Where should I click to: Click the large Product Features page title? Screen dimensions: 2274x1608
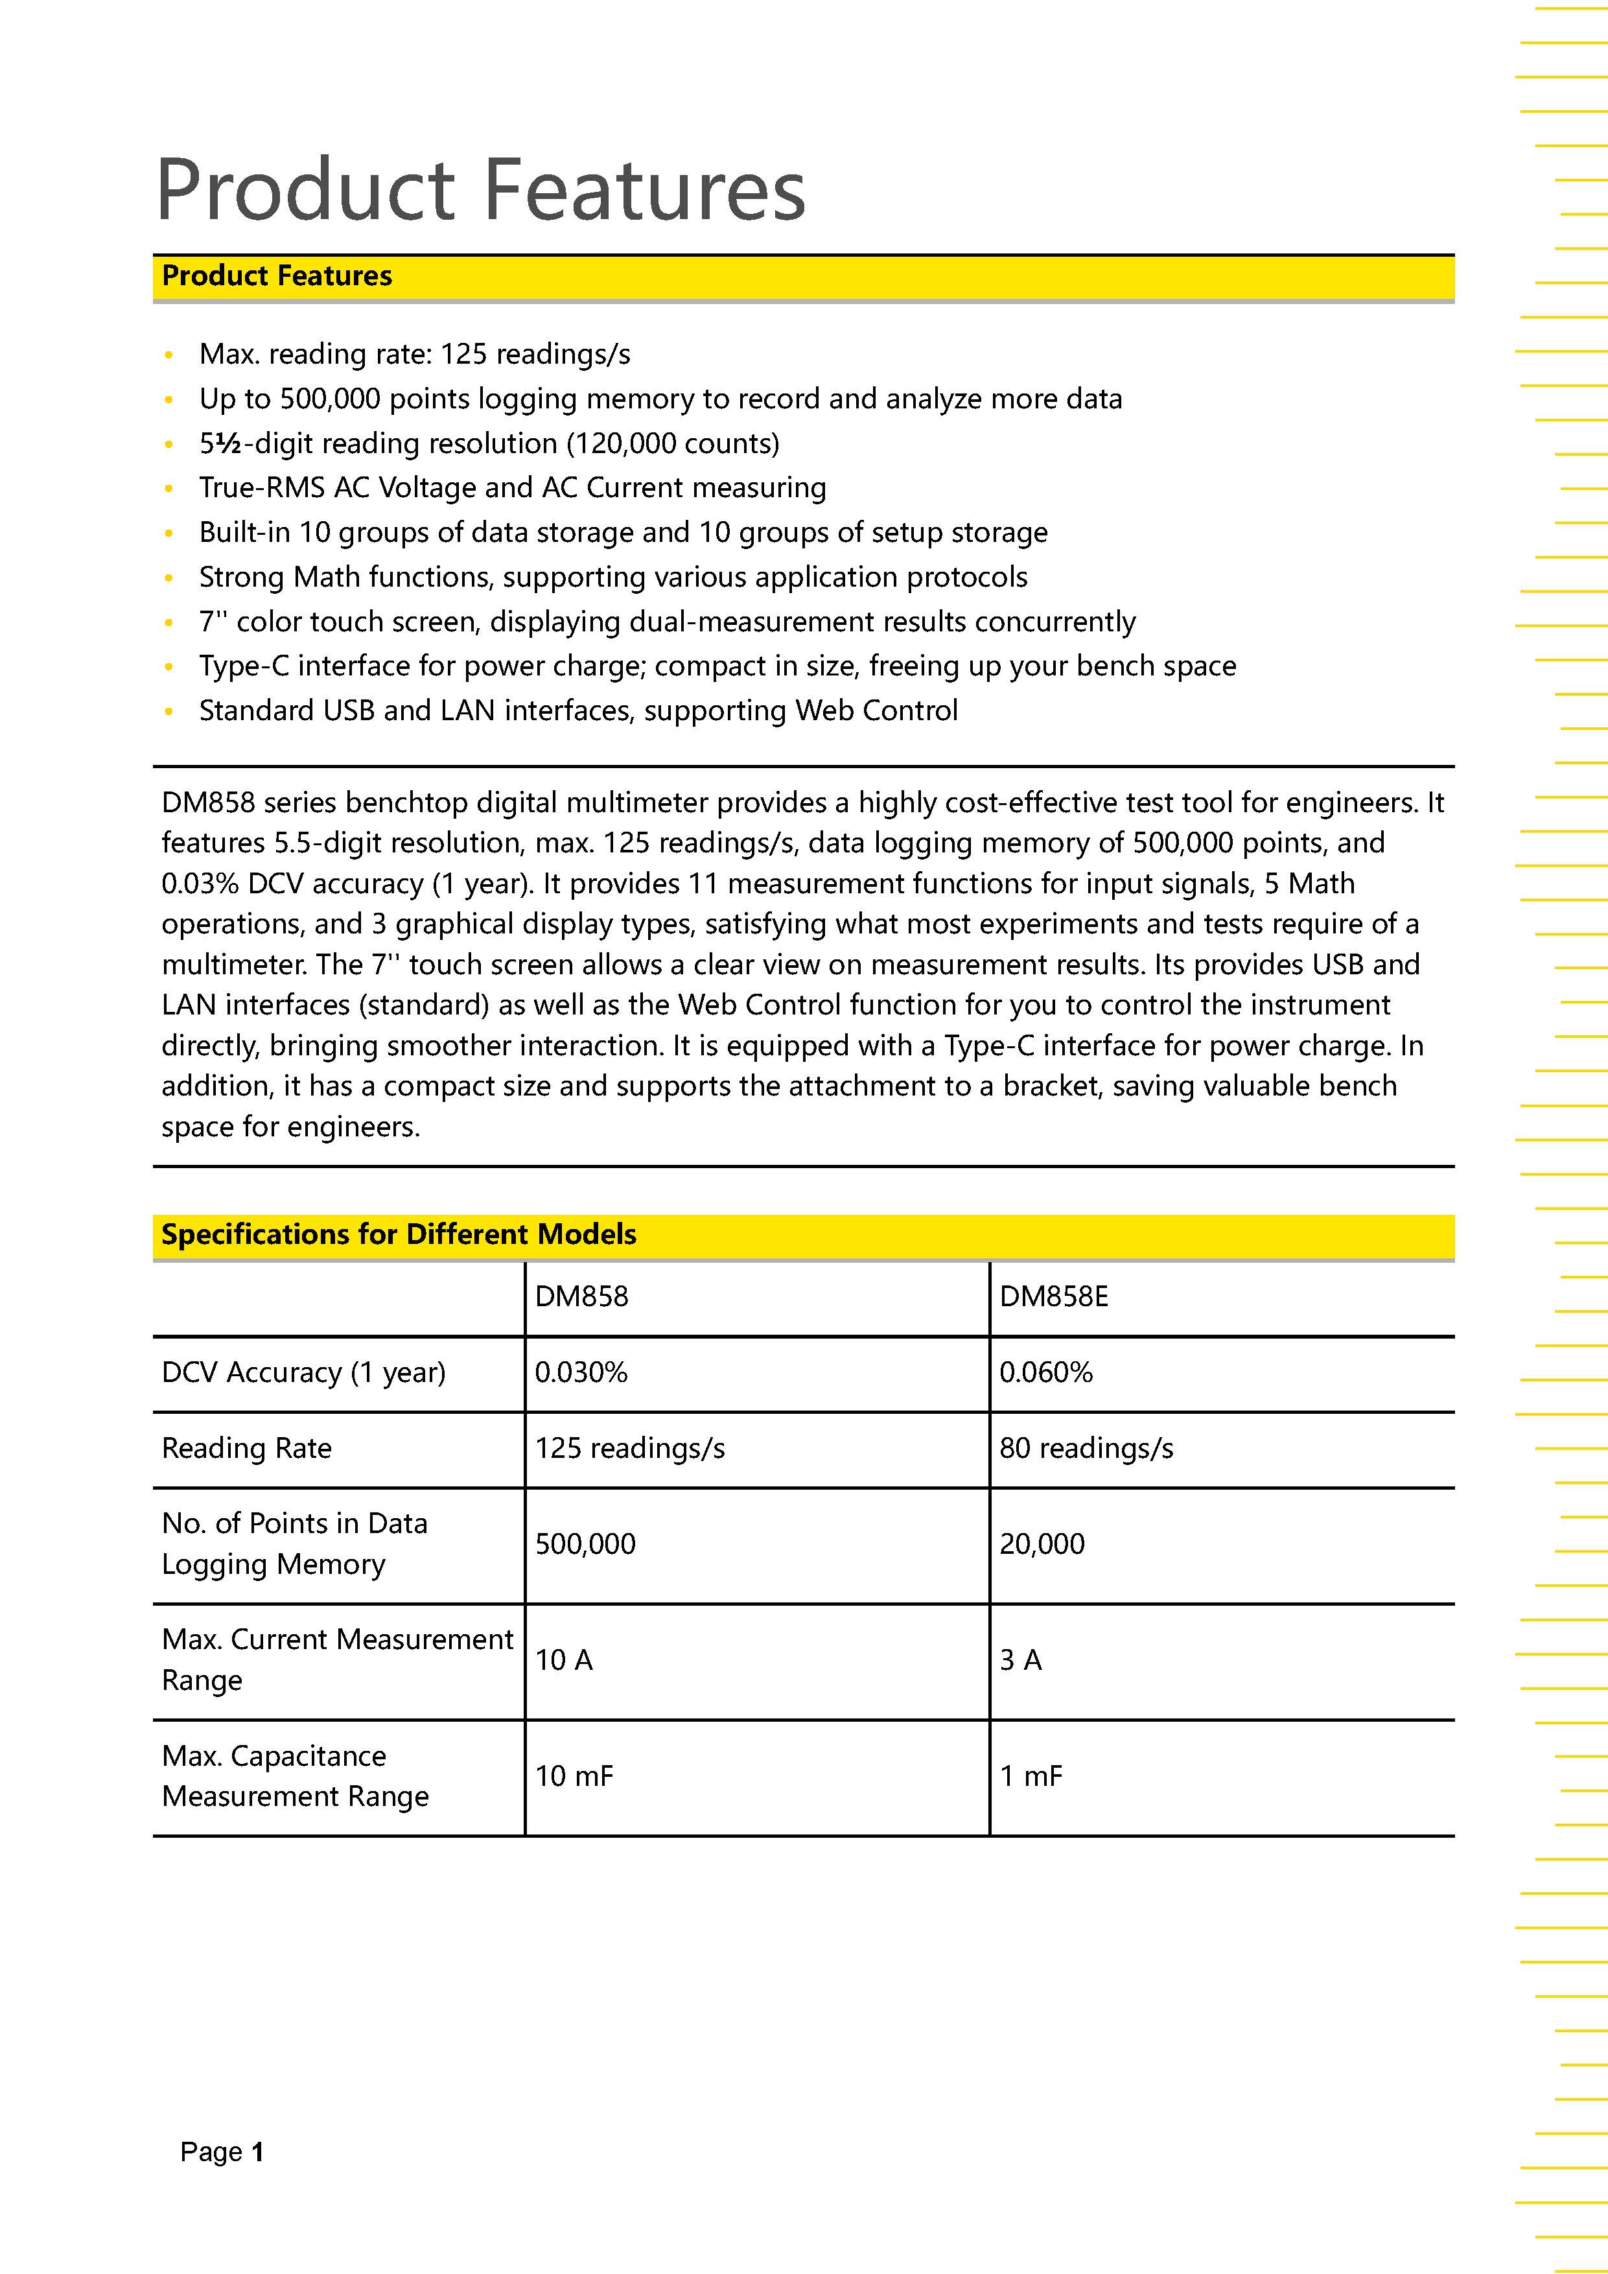[x=481, y=189]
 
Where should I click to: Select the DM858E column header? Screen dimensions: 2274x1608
[x=1053, y=1296]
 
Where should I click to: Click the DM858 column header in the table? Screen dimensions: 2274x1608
[x=581, y=1296]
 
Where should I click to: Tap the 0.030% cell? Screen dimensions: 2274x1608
[x=581, y=1373]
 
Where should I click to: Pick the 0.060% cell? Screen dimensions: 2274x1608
[x=1045, y=1373]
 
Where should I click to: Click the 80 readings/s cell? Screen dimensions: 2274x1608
[x=1086, y=1448]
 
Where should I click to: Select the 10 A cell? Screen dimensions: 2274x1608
[x=563, y=1660]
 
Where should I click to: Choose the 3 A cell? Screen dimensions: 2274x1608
[x=1020, y=1660]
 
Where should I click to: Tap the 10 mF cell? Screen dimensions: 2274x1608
[x=574, y=1776]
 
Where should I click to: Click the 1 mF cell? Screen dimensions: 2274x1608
[x=1031, y=1776]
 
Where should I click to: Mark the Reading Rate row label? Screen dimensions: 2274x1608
[x=246, y=1448]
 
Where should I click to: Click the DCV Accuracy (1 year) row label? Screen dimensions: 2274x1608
[x=303, y=1373]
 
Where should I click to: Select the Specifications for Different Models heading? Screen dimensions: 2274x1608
[x=398, y=1234]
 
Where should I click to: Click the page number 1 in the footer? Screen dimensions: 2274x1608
[x=257, y=2152]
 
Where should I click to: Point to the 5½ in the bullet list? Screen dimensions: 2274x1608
[x=220, y=443]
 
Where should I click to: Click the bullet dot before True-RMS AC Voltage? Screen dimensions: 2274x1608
[x=169, y=488]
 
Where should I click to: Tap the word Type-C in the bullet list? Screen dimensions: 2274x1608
[x=244, y=666]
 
